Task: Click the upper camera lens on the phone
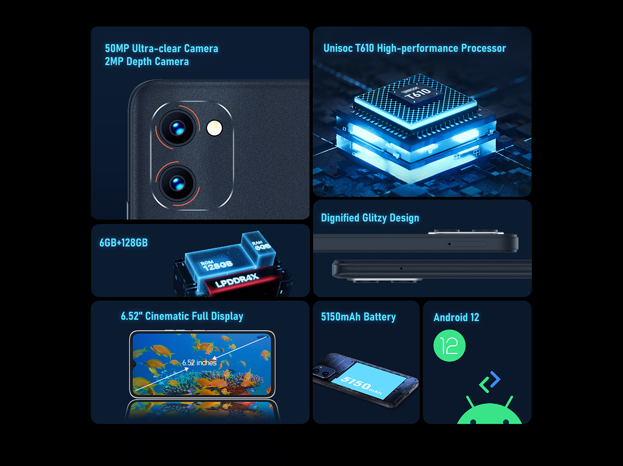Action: pyautogui.click(x=177, y=128)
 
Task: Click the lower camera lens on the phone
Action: pyautogui.click(x=177, y=183)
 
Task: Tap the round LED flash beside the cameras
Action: pyautogui.click(x=214, y=128)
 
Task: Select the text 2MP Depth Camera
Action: pyautogui.click(x=147, y=61)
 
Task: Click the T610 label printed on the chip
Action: pyautogui.click(x=417, y=93)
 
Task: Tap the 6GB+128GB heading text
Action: pyautogui.click(x=123, y=243)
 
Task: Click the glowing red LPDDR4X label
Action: pyautogui.click(x=237, y=280)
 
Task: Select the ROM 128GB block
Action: pyautogui.click(x=216, y=264)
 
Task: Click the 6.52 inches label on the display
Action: pyautogui.click(x=199, y=363)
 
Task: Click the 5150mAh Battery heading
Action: pyautogui.click(x=358, y=317)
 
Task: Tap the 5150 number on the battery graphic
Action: pyautogui.click(x=356, y=382)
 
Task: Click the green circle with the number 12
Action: pyautogui.click(x=449, y=346)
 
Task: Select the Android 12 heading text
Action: pyautogui.click(x=456, y=317)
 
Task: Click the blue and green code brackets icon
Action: pyautogui.click(x=489, y=382)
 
